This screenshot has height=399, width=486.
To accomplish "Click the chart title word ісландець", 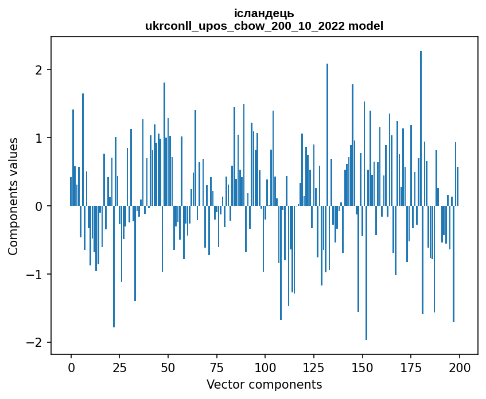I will (x=264, y=13).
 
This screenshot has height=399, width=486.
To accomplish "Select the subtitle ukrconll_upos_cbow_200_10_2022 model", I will (x=264, y=26).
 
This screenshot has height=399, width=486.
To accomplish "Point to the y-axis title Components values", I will (x=13, y=196).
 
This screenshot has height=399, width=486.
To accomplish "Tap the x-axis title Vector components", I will (x=264, y=384).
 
